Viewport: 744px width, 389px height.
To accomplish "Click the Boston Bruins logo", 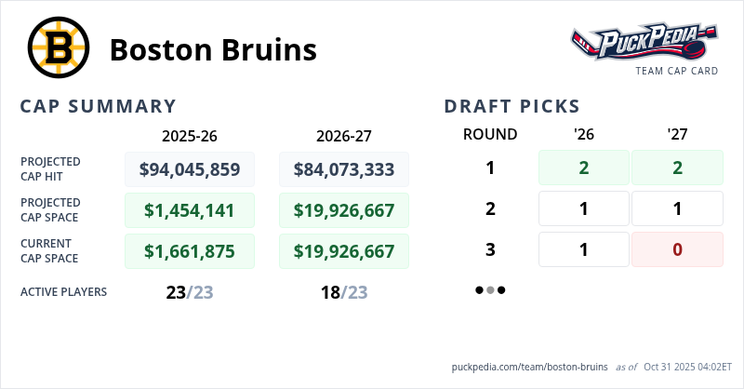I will (58, 47).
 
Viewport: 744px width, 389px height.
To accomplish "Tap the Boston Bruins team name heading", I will (213, 49).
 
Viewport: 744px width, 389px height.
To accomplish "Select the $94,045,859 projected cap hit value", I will (190, 169).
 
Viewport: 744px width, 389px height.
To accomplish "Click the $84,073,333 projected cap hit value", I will (344, 169).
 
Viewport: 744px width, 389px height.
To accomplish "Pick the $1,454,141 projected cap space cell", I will (190, 210).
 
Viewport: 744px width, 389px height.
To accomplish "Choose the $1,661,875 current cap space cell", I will (190, 251).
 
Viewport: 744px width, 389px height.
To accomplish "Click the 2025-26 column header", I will (190, 135).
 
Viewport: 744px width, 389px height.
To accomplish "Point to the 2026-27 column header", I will (344, 135).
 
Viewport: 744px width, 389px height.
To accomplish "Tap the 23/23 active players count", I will (190, 292).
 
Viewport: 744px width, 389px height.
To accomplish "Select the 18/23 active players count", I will (344, 292).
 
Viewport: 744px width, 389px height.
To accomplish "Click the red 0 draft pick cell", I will (677, 249).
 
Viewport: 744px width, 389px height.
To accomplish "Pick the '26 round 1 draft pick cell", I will (584, 168).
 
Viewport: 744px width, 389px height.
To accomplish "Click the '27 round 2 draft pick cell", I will (677, 208).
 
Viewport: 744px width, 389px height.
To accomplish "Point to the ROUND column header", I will (490, 134).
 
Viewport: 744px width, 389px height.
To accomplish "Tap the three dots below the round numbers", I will (490, 289).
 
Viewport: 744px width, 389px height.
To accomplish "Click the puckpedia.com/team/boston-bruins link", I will (529, 367).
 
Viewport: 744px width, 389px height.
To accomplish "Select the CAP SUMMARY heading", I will (98, 106).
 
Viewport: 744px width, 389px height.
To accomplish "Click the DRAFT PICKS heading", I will (512, 106).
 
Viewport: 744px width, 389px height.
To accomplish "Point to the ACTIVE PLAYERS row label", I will (63, 292).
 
